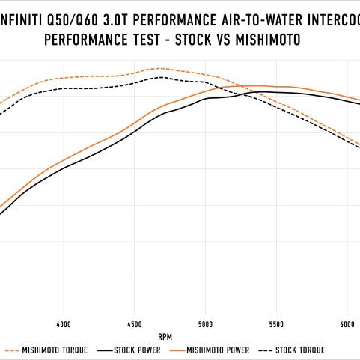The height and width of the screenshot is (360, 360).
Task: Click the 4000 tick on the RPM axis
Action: point(64,324)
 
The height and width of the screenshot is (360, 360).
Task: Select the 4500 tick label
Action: point(135,324)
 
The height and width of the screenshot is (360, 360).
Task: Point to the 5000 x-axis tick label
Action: point(205,324)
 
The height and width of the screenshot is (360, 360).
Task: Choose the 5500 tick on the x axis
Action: point(276,324)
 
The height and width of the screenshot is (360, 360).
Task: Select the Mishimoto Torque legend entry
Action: point(46,350)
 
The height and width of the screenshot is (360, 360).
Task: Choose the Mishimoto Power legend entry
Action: point(212,350)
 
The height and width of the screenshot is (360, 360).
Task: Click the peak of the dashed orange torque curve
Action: point(160,68)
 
